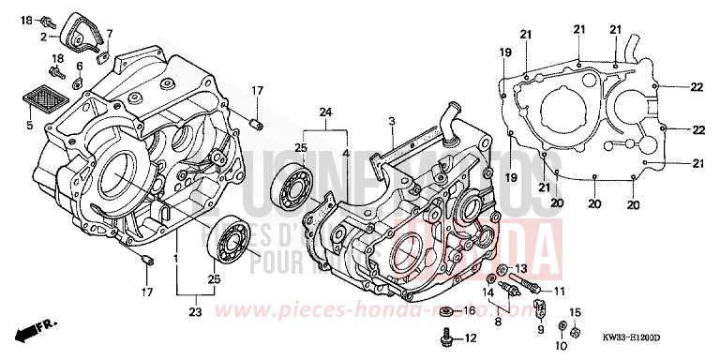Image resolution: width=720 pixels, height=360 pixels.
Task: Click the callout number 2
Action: pyautogui.click(x=43, y=37)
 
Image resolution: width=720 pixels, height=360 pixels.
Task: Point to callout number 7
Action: pyautogui.click(x=109, y=34)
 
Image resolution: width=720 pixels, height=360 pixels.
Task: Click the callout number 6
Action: pyautogui.click(x=80, y=66)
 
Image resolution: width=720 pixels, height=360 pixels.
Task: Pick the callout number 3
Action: pyautogui.click(x=392, y=120)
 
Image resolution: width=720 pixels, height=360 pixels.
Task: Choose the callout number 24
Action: pyautogui.click(x=325, y=112)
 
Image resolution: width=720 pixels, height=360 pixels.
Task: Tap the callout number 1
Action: pyautogui.click(x=176, y=254)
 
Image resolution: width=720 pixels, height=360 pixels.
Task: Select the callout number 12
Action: pyautogui.click(x=470, y=337)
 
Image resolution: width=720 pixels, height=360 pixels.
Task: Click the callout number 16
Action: pyautogui.click(x=470, y=309)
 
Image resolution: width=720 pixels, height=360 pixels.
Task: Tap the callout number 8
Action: pyautogui.click(x=499, y=322)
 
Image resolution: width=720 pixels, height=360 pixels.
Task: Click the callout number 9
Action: pyautogui.click(x=541, y=330)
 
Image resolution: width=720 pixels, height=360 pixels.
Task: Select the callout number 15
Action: pyautogui.click(x=577, y=311)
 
